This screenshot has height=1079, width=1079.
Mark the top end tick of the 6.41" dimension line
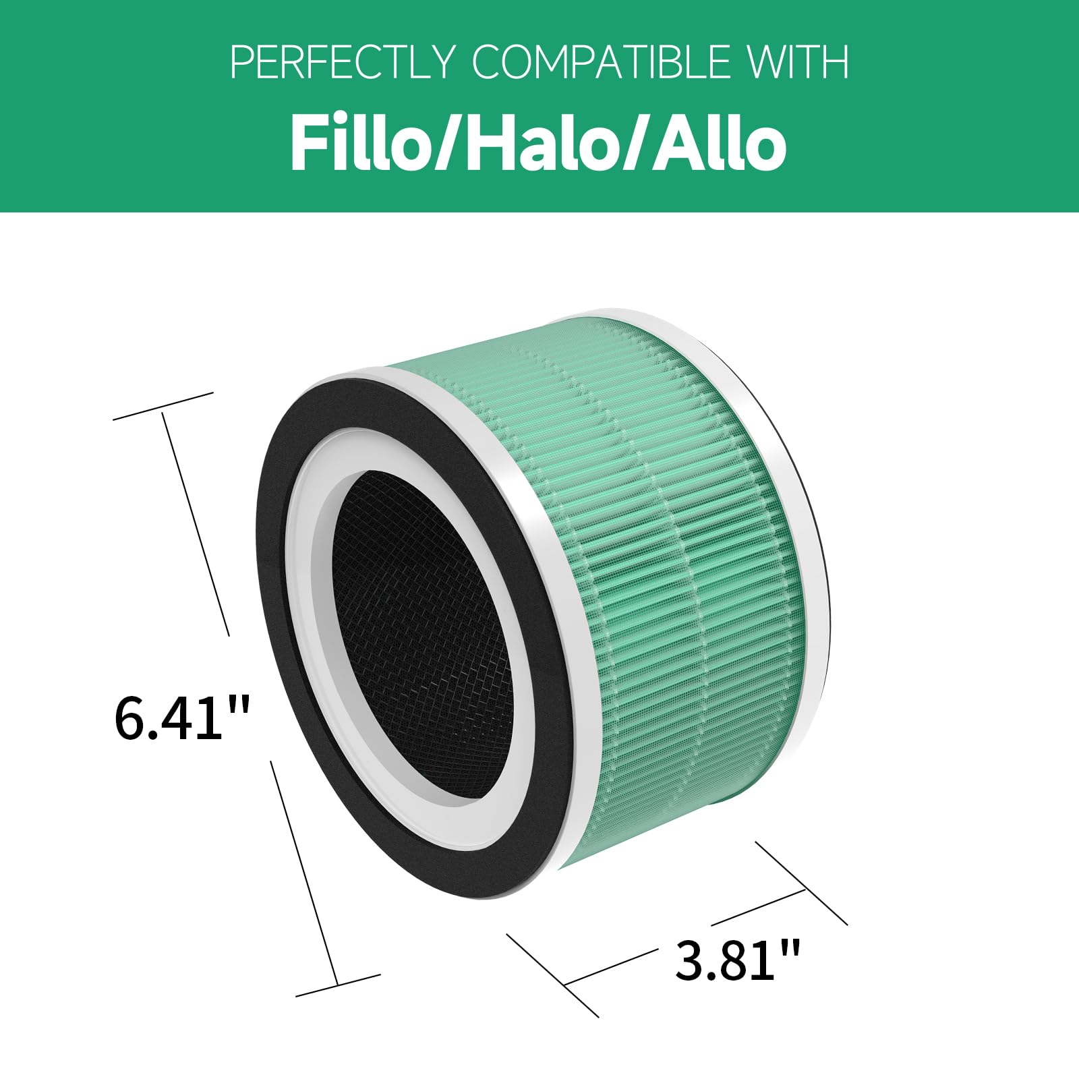[x=163, y=406]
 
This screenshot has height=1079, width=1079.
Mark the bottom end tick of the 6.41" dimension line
[x=338, y=985]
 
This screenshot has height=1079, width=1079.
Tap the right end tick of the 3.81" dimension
[x=803, y=883]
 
